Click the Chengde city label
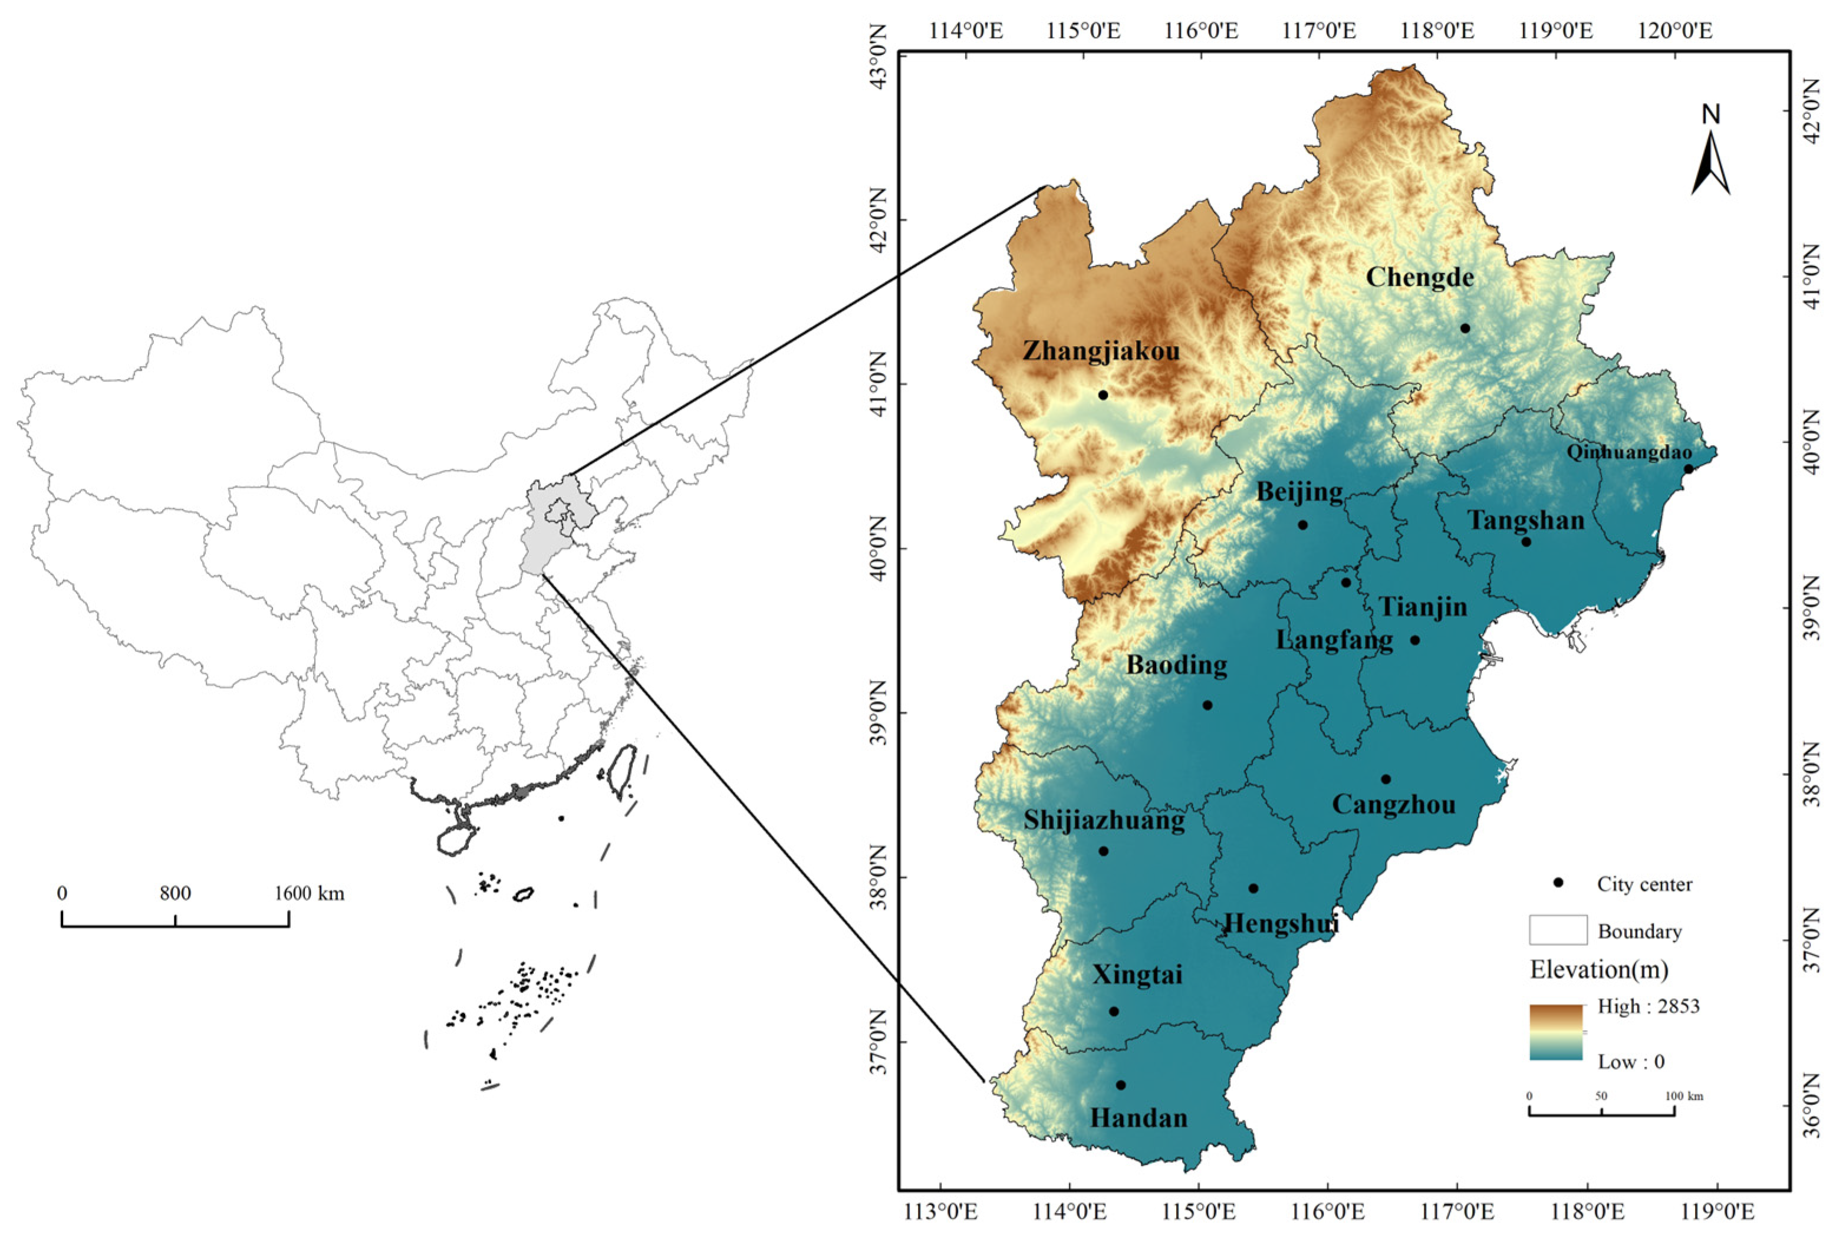[1420, 278]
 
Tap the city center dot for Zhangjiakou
[1103, 394]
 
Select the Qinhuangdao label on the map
[1629, 452]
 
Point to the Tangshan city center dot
[1526, 542]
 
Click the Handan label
[1138, 1118]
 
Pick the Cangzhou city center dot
[1386, 779]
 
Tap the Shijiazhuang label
[1104, 821]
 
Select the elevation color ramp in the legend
[1555, 1032]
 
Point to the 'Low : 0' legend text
[1631, 1062]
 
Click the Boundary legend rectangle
[1558, 931]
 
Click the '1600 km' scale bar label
[309, 893]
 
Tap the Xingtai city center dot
[1114, 1011]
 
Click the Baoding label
[1176, 665]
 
